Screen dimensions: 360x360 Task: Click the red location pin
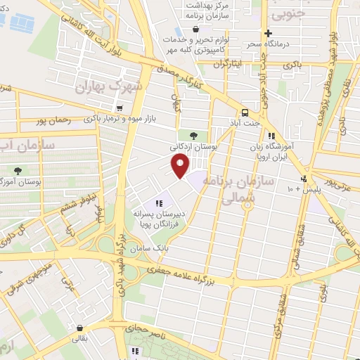181,165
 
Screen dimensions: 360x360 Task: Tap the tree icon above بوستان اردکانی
193,135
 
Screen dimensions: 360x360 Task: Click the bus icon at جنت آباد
245,112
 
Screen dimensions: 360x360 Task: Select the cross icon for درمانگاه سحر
268,33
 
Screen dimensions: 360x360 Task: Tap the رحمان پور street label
52,120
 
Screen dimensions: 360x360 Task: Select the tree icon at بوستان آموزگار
18,169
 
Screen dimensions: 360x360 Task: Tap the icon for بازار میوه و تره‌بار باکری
122,108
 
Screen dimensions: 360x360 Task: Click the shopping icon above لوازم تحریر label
195,30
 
